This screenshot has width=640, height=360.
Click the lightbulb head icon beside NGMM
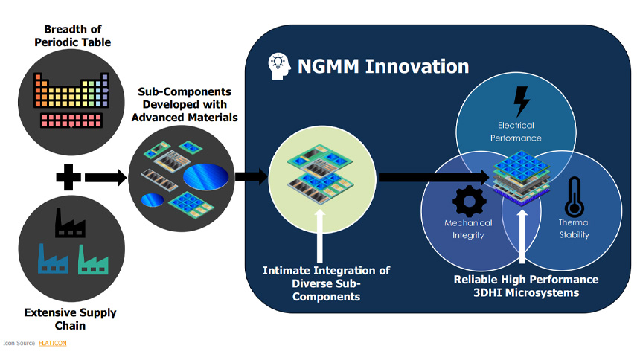click(278, 66)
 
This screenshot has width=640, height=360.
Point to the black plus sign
click(68, 178)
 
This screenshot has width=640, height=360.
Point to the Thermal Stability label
click(574, 228)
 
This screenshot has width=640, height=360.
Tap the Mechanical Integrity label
click(468, 228)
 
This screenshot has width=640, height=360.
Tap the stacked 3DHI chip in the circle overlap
click(522, 176)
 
